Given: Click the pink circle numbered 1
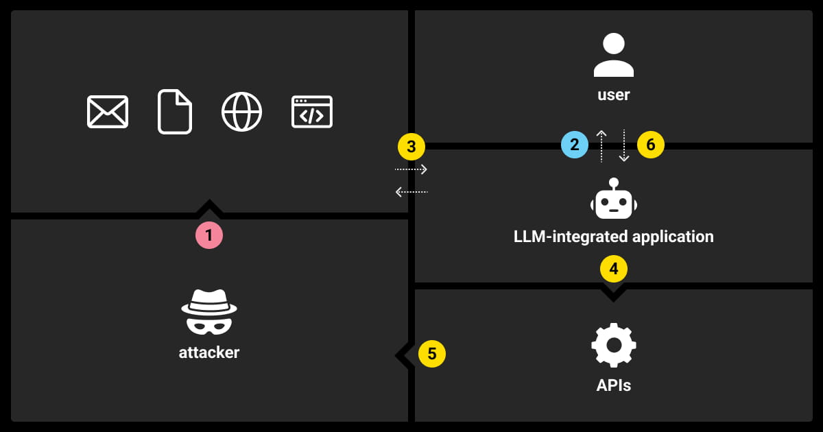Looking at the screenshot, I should (x=209, y=235).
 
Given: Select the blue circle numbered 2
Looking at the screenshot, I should (x=575, y=145).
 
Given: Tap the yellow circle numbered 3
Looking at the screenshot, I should (x=411, y=146).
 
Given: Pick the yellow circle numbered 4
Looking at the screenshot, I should (x=614, y=269).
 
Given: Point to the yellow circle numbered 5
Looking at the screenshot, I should (x=432, y=354).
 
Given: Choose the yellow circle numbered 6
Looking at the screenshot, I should (x=651, y=145).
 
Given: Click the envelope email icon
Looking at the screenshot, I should (x=108, y=112).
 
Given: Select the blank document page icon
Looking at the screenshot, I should (x=175, y=112).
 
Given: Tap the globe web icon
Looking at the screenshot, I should (x=241, y=112).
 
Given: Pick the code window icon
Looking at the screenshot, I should (x=312, y=112).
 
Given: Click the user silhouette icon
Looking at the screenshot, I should (x=614, y=56).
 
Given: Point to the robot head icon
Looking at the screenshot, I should (x=614, y=200).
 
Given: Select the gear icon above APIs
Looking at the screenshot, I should (x=614, y=345).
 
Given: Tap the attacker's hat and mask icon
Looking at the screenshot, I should (x=209, y=311).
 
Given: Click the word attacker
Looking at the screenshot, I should (x=209, y=353).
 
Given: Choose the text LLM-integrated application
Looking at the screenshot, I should (x=614, y=237).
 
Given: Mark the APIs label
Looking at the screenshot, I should (x=614, y=385).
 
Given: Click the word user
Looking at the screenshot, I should (x=614, y=95).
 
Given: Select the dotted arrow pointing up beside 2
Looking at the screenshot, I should (x=601, y=146).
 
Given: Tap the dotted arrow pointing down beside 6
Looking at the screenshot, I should (x=624, y=146).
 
